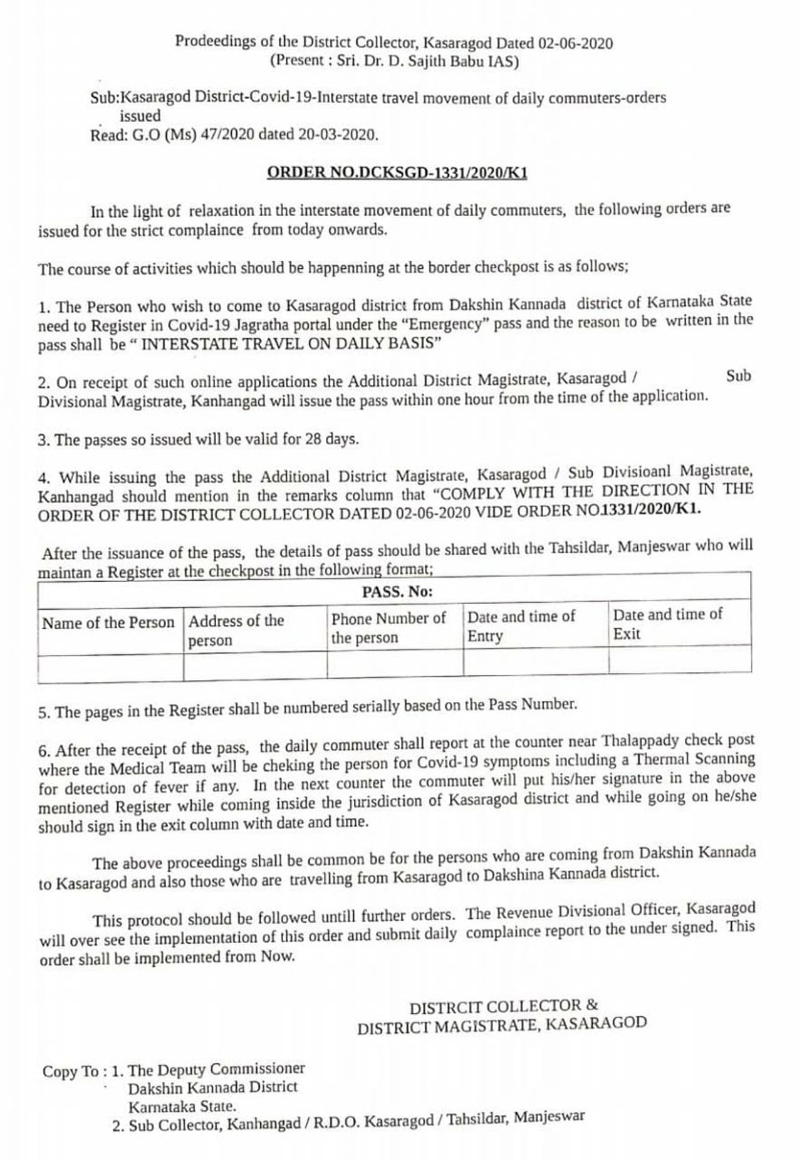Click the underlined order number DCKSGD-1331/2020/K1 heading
(x=397, y=172)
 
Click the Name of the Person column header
(x=108, y=623)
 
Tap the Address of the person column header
(x=236, y=630)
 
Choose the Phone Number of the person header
(x=388, y=627)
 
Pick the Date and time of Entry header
(x=521, y=625)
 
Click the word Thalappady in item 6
(x=640, y=741)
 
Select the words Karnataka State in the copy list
(x=182, y=1107)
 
